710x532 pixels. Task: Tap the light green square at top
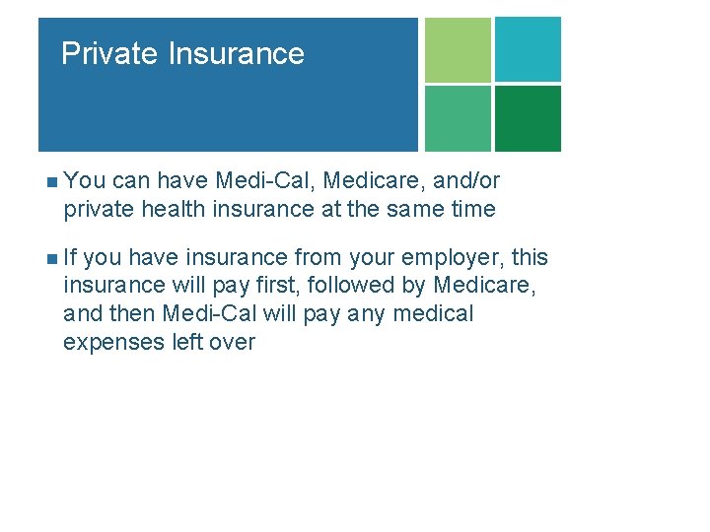(x=458, y=49)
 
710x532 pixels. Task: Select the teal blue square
(x=528, y=49)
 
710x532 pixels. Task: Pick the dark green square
(x=528, y=118)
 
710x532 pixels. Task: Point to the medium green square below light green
(x=458, y=118)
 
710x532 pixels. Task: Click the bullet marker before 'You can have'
(x=51, y=181)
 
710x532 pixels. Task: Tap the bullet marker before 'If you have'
(x=51, y=258)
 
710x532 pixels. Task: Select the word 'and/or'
(x=465, y=181)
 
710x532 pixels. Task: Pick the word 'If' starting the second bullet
(x=71, y=258)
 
